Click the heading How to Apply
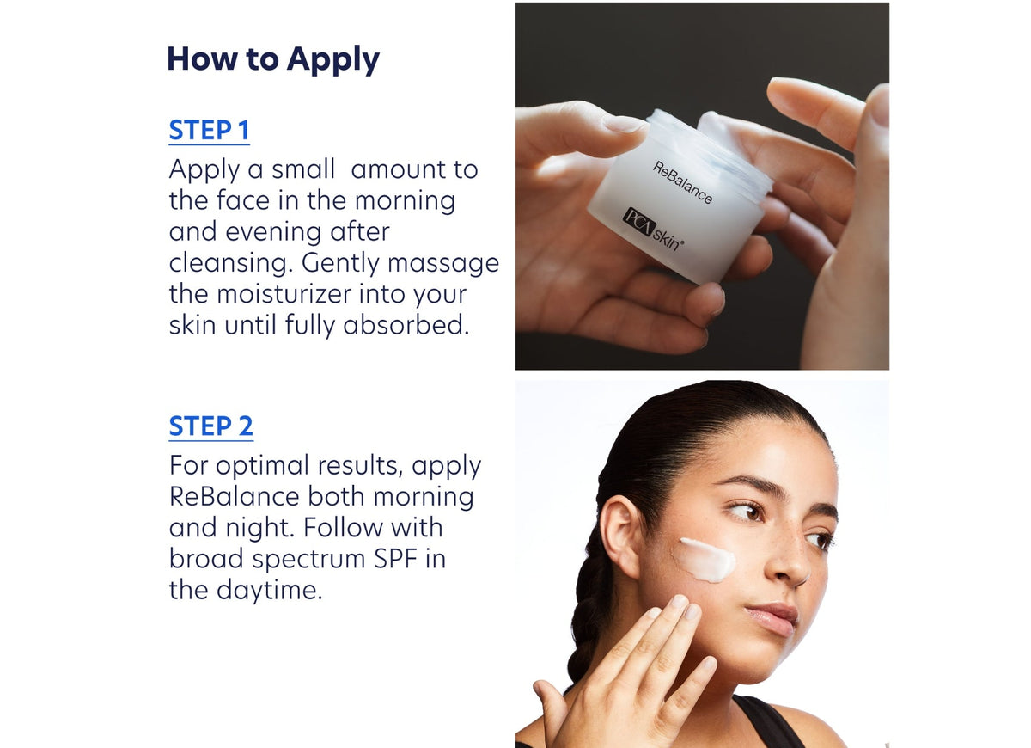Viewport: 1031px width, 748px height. pyautogui.click(x=272, y=59)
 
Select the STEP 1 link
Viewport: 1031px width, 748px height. pyautogui.click(x=209, y=131)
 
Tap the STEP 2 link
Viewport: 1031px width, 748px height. pyautogui.click(x=210, y=426)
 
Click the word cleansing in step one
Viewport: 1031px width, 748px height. pyautogui.click(x=226, y=263)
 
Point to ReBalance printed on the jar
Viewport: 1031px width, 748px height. pyautogui.click(x=682, y=182)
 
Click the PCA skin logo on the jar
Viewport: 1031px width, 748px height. pyautogui.click(x=651, y=230)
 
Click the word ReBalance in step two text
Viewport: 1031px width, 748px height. pyautogui.click(x=235, y=497)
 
